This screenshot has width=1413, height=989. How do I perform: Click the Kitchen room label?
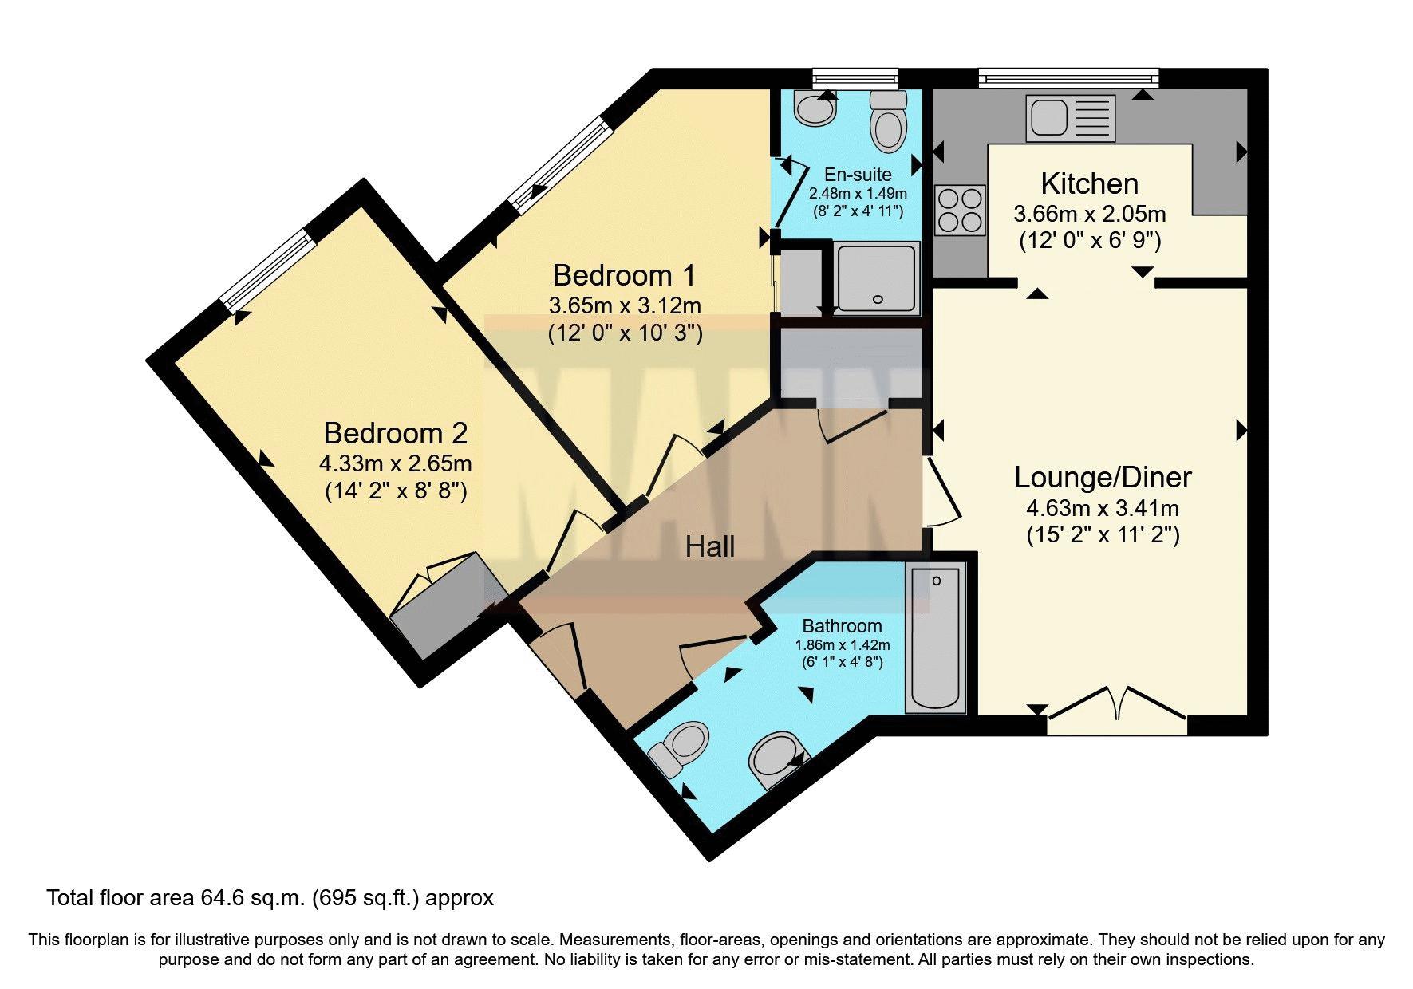(x=1089, y=184)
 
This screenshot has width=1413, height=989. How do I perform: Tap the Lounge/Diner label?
(x=1103, y=477)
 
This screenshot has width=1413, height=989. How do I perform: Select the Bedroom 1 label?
(x=624, y=275)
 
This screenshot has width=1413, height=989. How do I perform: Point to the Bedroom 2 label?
(x=395, y=433)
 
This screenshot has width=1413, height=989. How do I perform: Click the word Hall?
(x=710, y=546)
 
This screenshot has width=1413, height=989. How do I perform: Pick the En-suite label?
(x=858, y=175)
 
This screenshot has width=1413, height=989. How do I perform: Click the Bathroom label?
(x=842, y=626)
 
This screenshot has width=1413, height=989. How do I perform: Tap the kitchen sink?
(x=1072, y=118)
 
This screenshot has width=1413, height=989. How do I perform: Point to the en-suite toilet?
(x=888, y=120)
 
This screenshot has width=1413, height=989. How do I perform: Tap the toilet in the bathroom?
(x=677, y=749)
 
